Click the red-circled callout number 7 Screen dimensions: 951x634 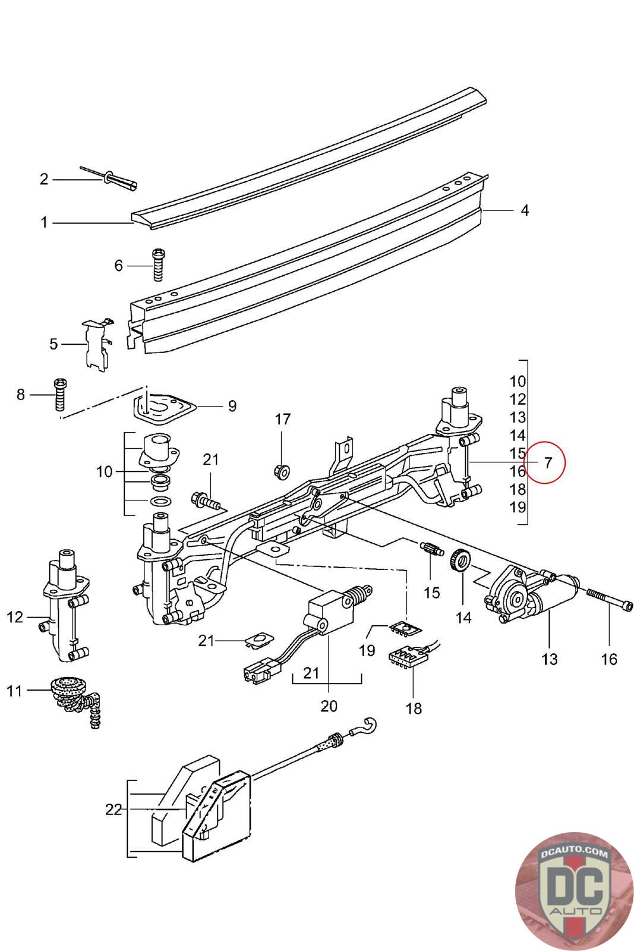tap(547, 462)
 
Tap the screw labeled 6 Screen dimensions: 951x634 tap(158, 264)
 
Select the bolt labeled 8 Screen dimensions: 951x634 tap(59, 393)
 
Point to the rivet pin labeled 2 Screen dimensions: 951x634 tap(116, 178)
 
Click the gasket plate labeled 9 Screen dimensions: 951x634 tap(164, 407)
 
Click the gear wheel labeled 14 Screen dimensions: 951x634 tap(462, 560)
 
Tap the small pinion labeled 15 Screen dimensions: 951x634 tap(432, 549)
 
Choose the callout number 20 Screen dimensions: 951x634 tap(329, 706)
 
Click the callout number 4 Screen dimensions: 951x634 tap(525, 210)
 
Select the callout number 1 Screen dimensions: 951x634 tap(43, 223)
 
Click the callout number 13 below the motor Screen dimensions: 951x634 tap(550, 659)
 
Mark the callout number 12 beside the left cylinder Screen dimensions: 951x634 tap(15, 617)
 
